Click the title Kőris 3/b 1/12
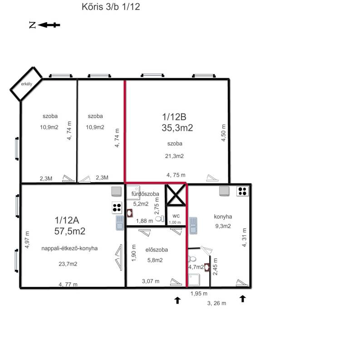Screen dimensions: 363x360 (111, 7)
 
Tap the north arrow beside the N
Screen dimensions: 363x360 (49, 25)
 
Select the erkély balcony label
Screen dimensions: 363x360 (27, 84)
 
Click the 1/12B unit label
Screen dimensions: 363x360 (174, 117)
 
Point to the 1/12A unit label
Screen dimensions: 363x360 (67, 220)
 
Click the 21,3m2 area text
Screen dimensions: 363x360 (174, 156)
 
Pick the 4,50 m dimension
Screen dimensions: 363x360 (223, 133)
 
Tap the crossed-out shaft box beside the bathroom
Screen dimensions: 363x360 (176, 195)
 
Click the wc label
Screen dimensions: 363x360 (176, 216)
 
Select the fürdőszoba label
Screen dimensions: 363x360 (145, 194)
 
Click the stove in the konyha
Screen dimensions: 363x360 (242, 192)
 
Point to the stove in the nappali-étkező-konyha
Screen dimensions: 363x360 (117, 207)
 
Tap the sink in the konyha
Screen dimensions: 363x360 (193, 225)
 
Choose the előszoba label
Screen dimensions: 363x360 (157, 250)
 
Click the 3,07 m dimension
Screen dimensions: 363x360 (151, 281)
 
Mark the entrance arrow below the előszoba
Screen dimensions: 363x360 (177, 300)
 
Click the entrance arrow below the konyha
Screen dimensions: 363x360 (242, 299)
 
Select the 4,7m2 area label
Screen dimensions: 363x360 (196, 267)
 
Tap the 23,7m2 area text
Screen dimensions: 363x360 (68, 264)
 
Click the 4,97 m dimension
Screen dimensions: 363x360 (27, 240)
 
